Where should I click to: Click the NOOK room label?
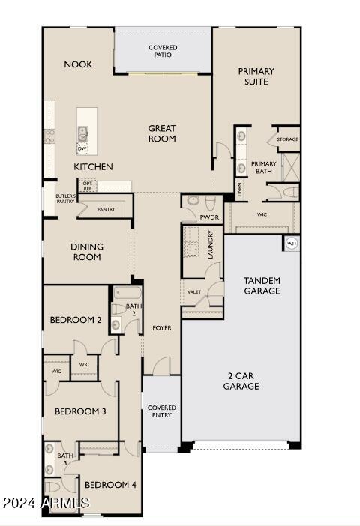tap(78, 64)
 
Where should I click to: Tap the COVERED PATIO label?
tap(163, 51)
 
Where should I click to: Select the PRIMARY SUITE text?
tap(256, 76)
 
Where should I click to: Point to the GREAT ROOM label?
tap(161, 133)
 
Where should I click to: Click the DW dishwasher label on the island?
tap(82, 148)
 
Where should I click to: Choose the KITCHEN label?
tap(93, 166)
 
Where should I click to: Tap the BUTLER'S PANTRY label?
tap(66, 199)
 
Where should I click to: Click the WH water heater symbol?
tap(291, 244)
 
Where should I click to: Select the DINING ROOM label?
tap(87, 252)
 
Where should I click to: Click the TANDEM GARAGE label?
tap(262, 285)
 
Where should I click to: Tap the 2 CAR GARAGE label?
tap(241, 381)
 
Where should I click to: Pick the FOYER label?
tap(162, 327)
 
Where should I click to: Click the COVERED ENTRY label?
tap(161, 412)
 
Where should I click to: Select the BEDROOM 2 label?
tap(75, 320)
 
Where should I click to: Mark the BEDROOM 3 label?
tap(80, 411)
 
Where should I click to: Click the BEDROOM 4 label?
tap(110, 485)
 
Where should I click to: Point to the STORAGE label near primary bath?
tap(287, 139)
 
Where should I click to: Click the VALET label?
tap(193, 292)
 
